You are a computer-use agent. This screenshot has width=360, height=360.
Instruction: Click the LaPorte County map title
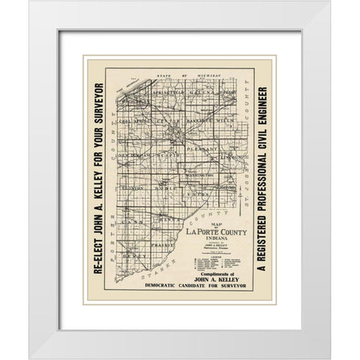212,235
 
